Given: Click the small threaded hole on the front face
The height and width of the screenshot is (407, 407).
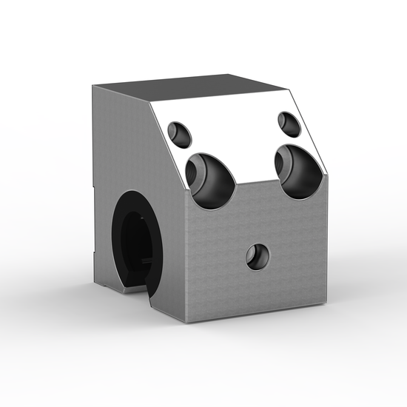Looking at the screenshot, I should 258,257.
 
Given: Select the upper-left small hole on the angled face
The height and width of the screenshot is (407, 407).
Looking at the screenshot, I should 179,133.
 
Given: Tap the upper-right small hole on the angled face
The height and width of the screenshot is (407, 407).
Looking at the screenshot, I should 289,124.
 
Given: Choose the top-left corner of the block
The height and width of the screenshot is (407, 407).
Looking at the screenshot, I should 94,87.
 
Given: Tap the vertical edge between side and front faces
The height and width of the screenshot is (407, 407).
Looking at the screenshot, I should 184,252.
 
